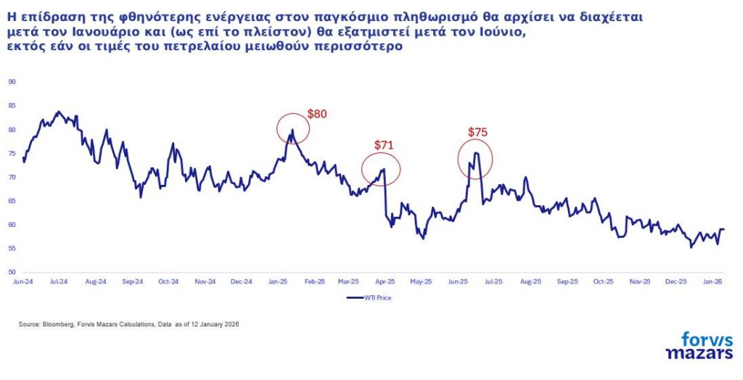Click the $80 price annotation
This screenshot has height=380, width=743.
coord(317,114)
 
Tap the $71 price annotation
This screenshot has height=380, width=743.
coord(383,145)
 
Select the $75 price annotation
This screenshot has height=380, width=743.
coord(477,132)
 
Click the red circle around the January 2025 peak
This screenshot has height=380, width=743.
coord(293,129)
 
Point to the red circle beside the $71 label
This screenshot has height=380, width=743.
coord(381,170)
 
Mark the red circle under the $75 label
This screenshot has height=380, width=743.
coord(475,159)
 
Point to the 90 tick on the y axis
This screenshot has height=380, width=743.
coord(12,82)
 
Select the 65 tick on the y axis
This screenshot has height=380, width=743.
coord(12,201)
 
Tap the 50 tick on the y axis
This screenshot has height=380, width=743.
coord(12,272)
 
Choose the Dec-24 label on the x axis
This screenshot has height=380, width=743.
coord(242,281)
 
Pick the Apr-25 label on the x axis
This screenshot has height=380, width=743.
coord(385,281)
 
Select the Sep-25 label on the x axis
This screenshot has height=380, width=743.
coord(567,281)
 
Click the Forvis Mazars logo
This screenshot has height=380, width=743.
coord(699,345)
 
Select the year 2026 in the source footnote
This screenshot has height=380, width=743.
coord(231,324)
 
